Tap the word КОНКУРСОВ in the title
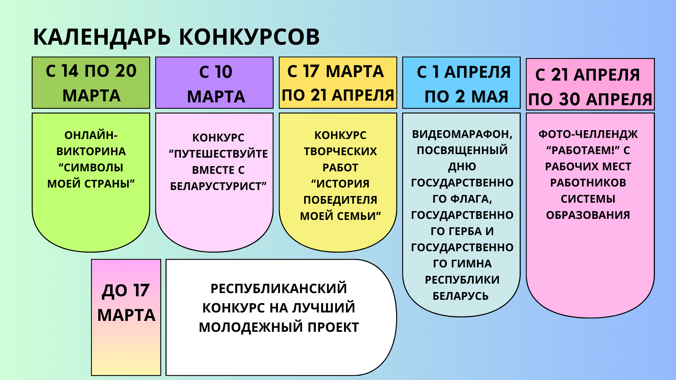[250, 37]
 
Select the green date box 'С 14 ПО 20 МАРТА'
[91, 83]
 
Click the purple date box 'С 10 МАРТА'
[214, 83]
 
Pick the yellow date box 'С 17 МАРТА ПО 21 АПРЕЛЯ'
[338, 83]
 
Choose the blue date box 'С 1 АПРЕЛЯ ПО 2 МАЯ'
[462, 83]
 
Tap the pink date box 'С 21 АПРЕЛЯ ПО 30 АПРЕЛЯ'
[590, 84]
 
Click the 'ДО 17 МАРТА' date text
[126, 303]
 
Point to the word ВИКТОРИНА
[91, 152]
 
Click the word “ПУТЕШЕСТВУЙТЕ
[218, 154]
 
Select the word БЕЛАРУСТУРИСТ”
[218, 186]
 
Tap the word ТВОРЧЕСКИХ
[340, 152]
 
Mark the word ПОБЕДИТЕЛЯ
[340, 200]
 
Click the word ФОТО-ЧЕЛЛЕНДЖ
[588, 134]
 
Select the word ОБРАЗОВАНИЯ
[588, 215]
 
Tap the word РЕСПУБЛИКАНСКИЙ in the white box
[279, 289]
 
